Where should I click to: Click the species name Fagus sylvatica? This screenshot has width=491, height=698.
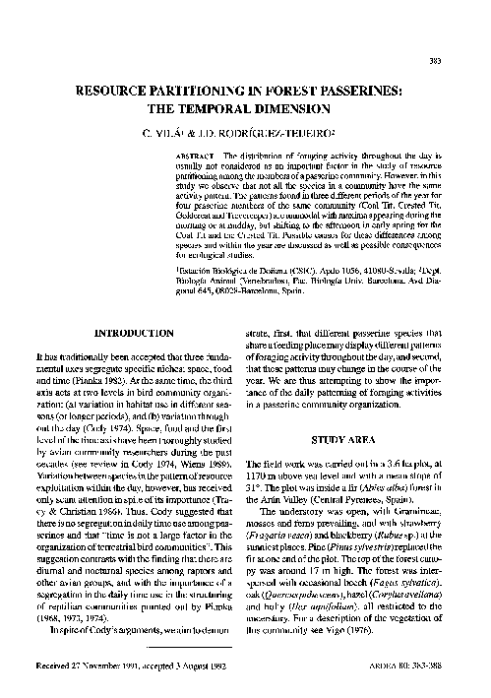pos(423,583)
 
